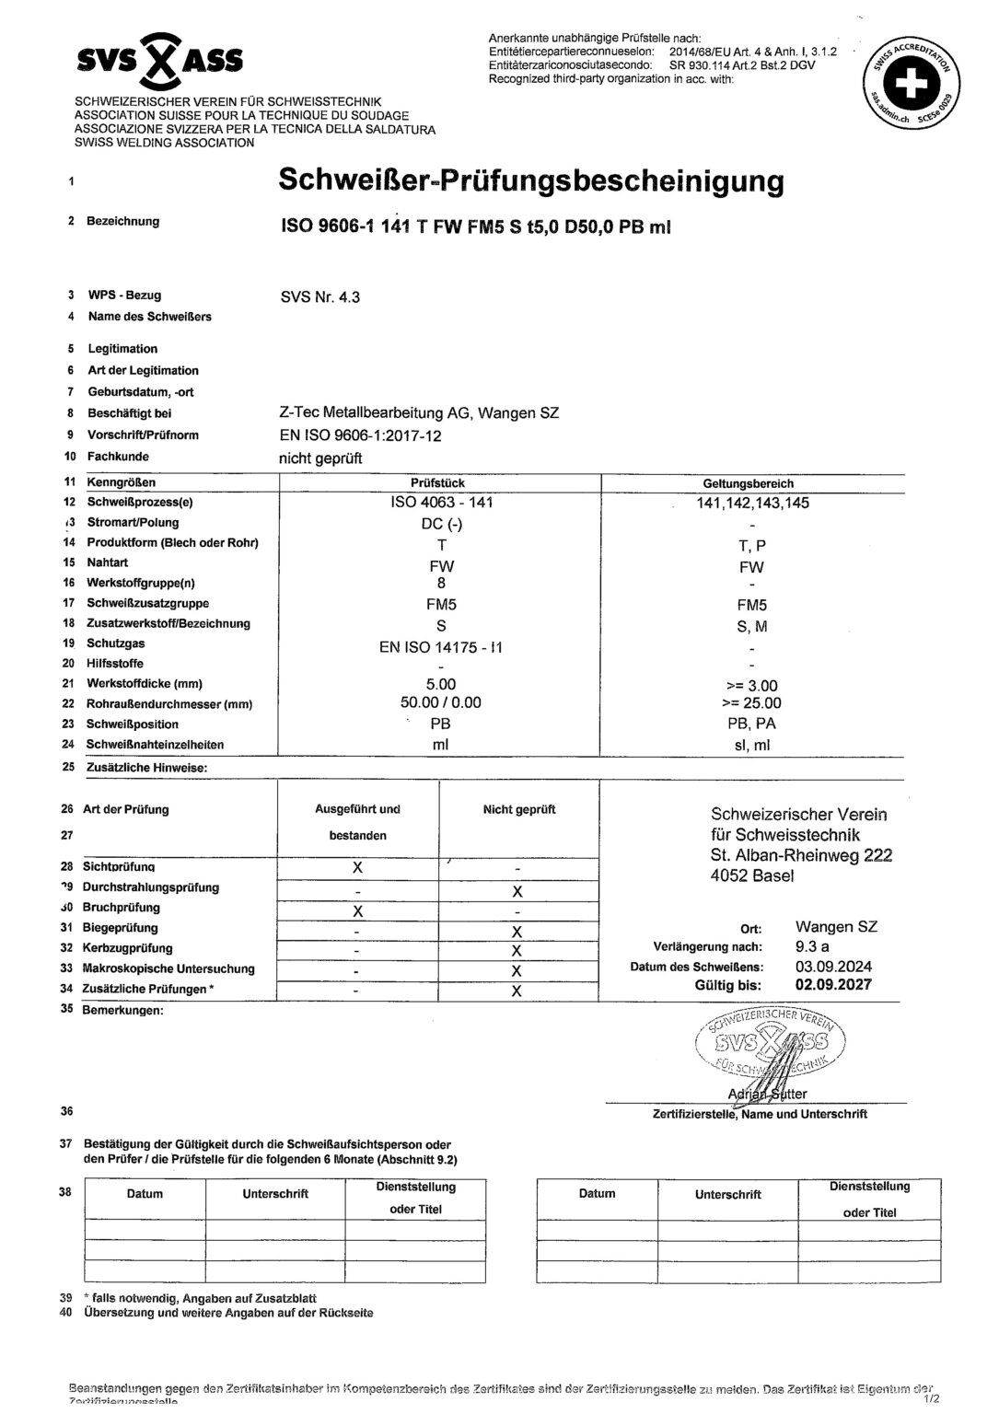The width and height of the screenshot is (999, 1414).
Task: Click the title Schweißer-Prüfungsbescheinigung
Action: (530, 180)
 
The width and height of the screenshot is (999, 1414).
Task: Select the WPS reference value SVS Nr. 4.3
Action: (319, 296)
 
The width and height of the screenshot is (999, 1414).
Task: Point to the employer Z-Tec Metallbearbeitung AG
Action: (418, 413)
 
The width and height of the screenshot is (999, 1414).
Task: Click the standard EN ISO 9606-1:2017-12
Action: (360, 435)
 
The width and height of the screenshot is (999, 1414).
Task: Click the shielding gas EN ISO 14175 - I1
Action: (441, 646)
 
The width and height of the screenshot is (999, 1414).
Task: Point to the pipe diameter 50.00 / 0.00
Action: (441, 703)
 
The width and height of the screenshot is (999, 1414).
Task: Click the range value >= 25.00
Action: (753, 704)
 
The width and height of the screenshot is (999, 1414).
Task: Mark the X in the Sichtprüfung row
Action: (358, 868)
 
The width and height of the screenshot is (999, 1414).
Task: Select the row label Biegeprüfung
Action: (121, 928)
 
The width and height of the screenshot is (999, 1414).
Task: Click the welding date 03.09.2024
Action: (833, 967)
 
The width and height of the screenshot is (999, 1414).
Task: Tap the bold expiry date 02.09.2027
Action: (833, 985)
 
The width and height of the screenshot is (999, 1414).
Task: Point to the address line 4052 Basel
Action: (751, 876)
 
